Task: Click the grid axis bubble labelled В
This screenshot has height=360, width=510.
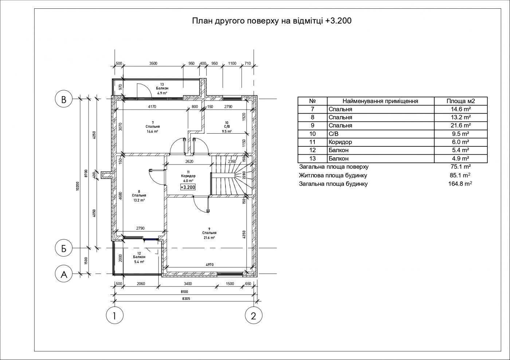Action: coord(64,99)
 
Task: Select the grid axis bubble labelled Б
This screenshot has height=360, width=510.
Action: coord(64,248)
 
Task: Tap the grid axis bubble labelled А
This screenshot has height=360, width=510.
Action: coord(64,274)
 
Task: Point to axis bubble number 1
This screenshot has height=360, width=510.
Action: coord(115,315)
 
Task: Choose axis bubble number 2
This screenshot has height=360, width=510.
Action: coord(254,315)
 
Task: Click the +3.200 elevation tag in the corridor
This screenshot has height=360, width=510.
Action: coord(188,187)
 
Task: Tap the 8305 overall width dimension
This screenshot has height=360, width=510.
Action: coord(186,298)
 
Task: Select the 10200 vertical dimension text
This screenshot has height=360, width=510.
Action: coord(77,186)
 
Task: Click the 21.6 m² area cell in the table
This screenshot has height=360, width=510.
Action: coord(461,125)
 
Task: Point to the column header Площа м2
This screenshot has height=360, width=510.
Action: coord(461,101)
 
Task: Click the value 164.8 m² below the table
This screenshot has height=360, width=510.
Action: coord(460,184)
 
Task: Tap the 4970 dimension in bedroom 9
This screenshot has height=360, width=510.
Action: coord(209,265)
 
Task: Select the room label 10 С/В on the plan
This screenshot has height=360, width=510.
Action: coord(227,125)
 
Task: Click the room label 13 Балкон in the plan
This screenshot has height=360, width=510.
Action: coord(162,87)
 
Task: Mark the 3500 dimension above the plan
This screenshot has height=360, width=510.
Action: coord(153,63)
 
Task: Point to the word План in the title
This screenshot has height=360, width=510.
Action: coord(202,21)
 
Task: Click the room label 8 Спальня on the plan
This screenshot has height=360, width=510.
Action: coord(139,194)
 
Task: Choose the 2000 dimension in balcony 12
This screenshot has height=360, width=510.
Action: coord(121,258)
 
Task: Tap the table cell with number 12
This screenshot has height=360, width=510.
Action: coord(313,150)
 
